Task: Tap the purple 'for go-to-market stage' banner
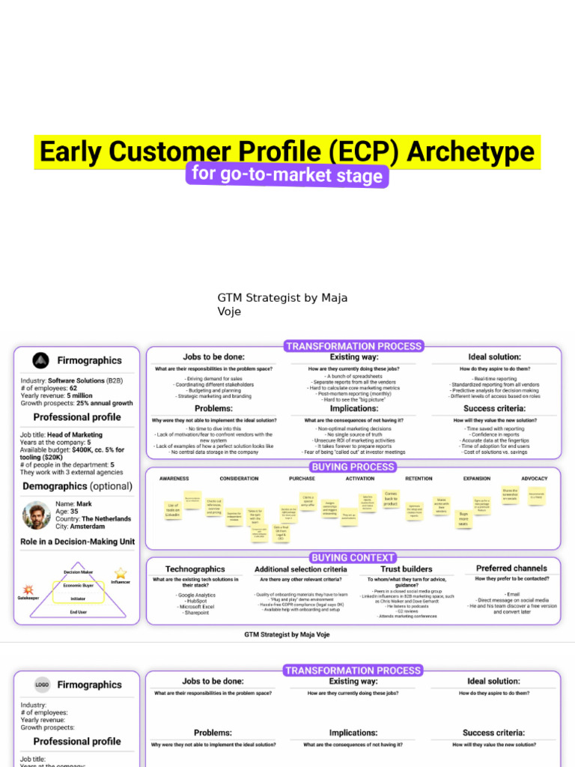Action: coord(287,175)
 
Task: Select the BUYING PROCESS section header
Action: coord(353,466)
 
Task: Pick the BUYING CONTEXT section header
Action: coord(353,557)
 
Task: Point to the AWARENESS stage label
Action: coord(174,479)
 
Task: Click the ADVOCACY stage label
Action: coord(534,479)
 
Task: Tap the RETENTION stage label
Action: coord(419,479)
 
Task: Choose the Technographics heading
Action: coord(195,569)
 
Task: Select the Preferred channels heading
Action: coord(511,569)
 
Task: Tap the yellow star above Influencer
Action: coord(121,573)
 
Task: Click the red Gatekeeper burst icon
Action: coord(28,590)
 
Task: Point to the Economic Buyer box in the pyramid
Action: coord(78,586)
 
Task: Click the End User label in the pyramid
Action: coord(78,612)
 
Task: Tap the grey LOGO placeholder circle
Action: coord(43,685)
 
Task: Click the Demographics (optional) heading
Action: coord(78,486)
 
